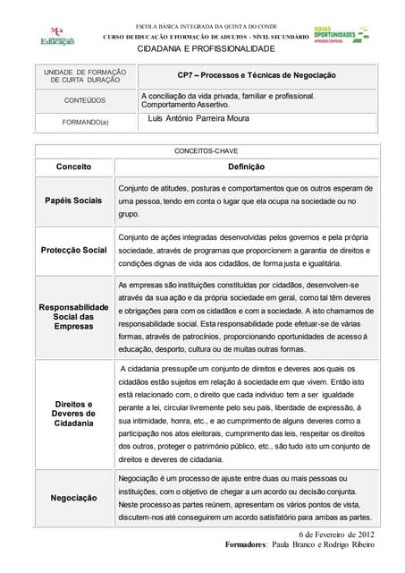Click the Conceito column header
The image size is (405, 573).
click(74, 167)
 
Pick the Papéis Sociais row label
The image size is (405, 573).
click(73, 200)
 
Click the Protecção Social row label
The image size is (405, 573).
click(74, 250)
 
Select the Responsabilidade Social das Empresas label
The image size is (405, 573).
click(74, 316)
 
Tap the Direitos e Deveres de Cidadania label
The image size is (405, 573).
click(73, 414)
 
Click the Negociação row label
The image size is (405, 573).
click(74, 497)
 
